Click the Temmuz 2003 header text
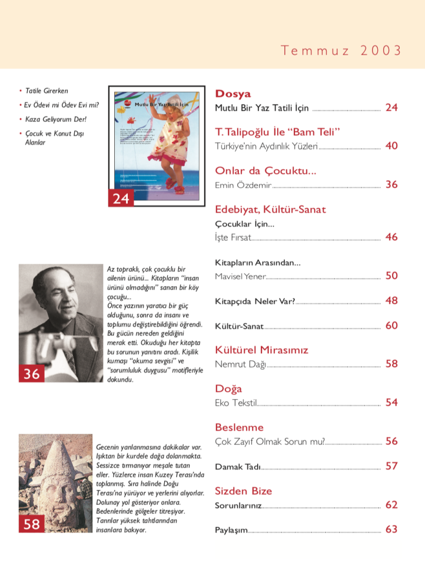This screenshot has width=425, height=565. [341, 51]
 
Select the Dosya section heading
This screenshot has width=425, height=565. [233, 94]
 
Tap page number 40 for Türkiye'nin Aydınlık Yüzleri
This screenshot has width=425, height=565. [391, 146]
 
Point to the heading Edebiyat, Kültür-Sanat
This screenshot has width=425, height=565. [270, 210]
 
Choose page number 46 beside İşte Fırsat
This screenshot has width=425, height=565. [391, 237]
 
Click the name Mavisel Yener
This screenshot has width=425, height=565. [240, 276]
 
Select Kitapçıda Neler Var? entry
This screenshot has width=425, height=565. [255, 301]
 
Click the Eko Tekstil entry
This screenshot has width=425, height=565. [236, 403]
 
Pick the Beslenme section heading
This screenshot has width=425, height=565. [239, 427]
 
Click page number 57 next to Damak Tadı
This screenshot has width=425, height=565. [391, 466]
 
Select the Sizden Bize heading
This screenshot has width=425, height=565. [244, 491]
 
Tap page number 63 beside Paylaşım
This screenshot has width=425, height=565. [391, 530]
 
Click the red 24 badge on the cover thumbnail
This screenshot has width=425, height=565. [121, 198]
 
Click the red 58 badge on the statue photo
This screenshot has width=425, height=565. [32, 523]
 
